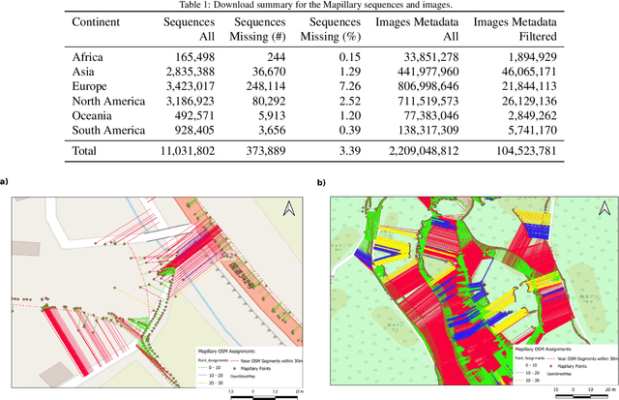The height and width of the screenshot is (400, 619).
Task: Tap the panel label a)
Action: tap(5, 180)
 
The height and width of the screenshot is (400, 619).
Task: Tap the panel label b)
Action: tap(322, 180)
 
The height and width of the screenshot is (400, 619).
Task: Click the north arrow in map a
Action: tap(287, 208)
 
